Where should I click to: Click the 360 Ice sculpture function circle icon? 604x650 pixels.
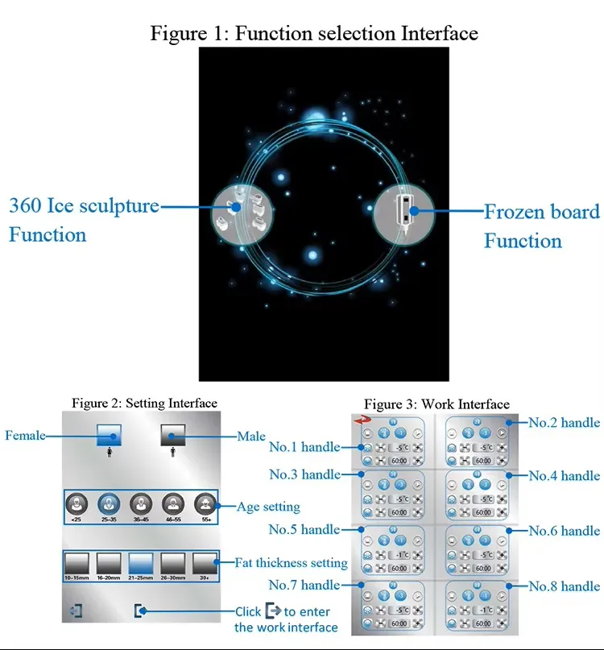coord(237,209)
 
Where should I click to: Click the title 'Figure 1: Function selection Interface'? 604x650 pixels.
coord(314,33)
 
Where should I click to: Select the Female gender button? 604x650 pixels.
coord(109,436)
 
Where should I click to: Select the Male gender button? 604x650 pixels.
coord(173,436)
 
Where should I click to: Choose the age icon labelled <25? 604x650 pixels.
coord(77,505)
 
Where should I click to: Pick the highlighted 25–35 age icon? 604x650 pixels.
coord(109,505)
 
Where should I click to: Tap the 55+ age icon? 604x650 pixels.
coord(205,505)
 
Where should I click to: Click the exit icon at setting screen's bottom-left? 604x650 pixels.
coord(77,611)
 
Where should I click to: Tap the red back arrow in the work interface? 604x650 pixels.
coord(362,420)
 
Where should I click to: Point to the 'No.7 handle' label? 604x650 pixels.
coord(304,584)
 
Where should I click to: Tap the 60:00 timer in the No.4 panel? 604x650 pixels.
coord(482,512)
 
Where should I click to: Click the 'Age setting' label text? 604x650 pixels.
coord(268,507)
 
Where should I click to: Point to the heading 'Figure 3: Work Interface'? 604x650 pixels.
coord(436,404)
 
